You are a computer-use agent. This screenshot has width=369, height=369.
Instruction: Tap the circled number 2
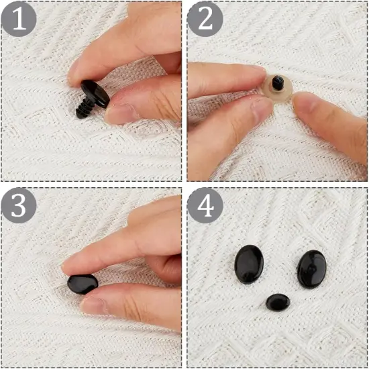point(204,19)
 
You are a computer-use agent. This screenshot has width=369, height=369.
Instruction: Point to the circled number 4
point(204,206)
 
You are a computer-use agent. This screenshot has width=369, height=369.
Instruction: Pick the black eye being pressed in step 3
point(83,284)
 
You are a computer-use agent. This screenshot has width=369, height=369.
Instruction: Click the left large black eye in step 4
point(249,264)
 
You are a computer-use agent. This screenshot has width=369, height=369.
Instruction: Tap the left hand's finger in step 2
point(221,81)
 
